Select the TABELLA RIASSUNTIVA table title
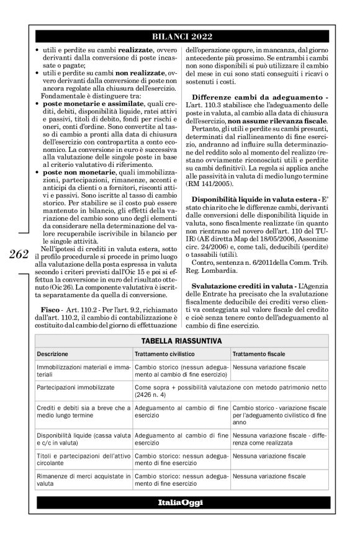pos(180,341)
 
